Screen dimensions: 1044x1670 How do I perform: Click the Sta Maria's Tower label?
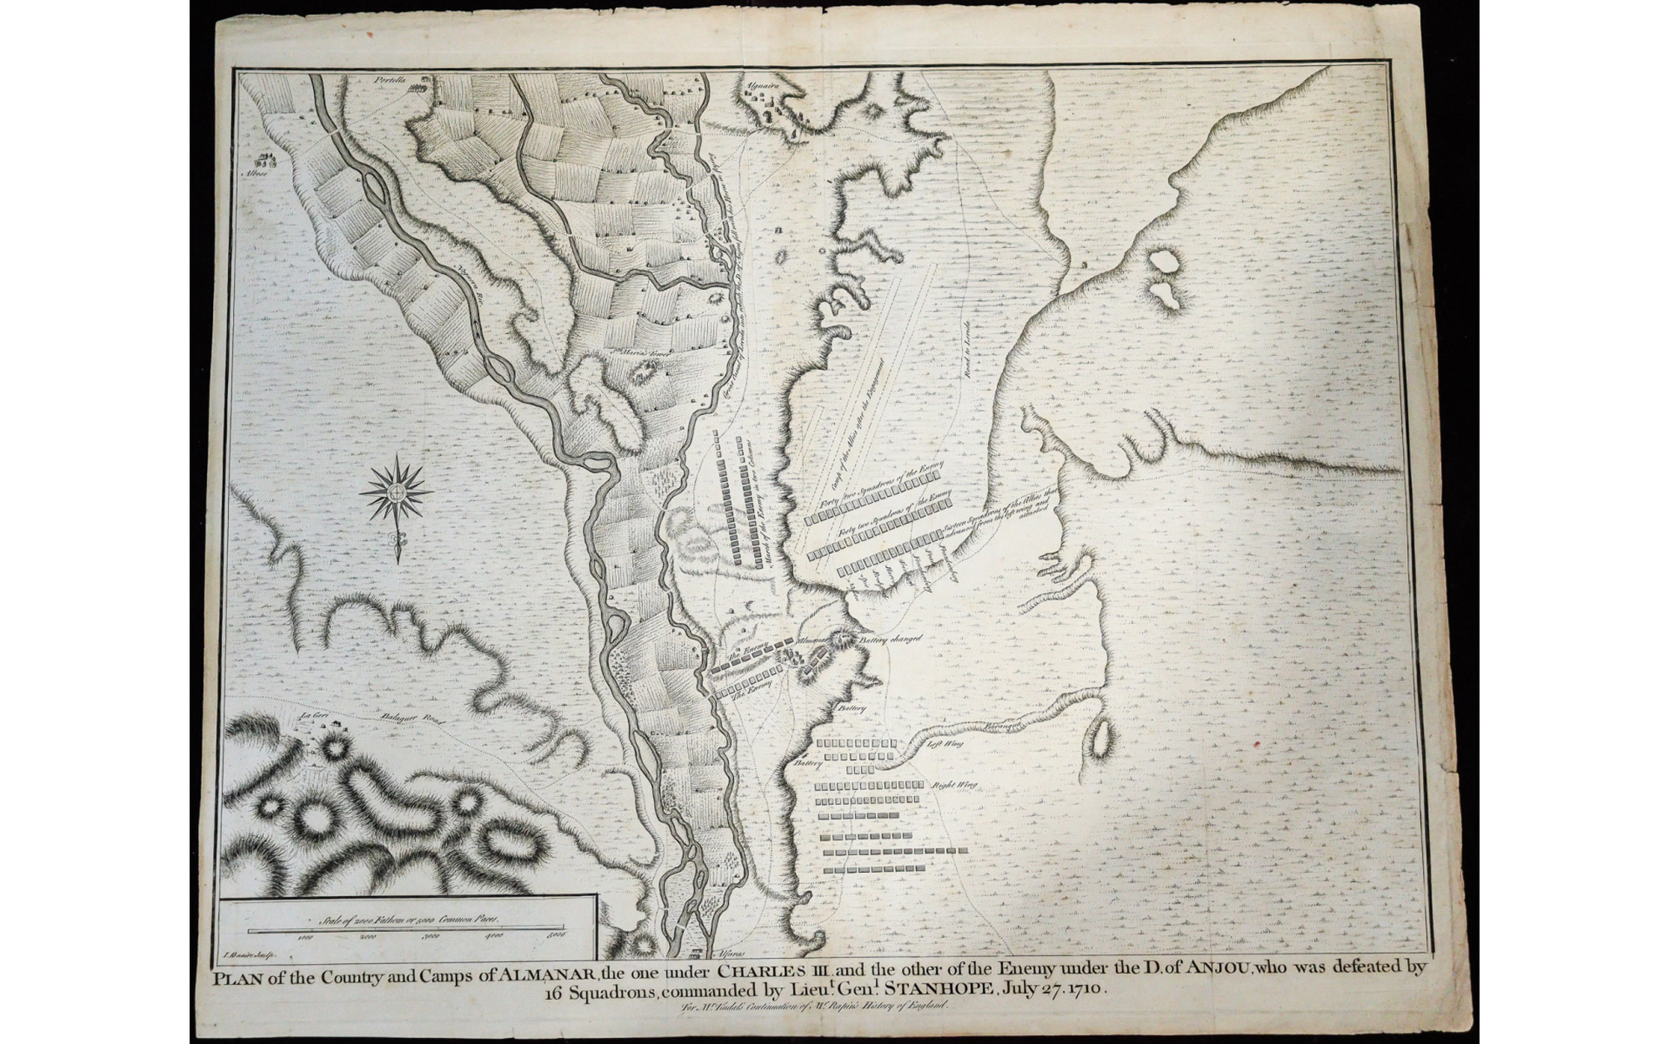pos(632,353)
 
